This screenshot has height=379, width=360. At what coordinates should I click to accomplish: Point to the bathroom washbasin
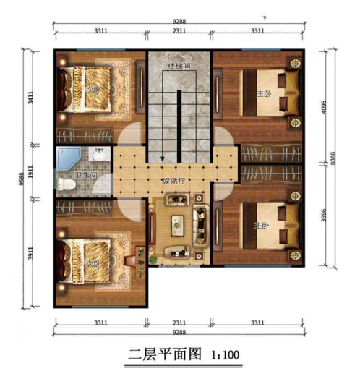coord(98,154)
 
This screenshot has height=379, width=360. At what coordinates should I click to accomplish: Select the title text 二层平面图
coord(166,356)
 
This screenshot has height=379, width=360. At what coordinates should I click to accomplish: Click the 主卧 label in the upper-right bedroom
coord(262,94)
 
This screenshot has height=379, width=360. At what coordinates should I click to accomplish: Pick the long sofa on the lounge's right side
coord(200,227)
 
